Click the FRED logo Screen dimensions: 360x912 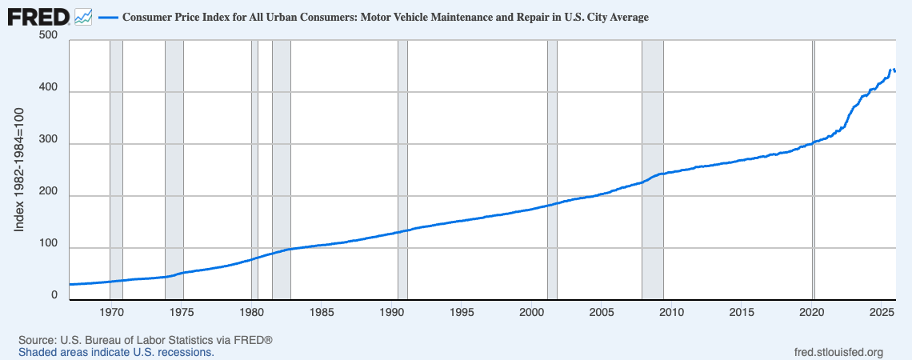coord(38,16)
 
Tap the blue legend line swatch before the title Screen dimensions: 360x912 coord(108,17)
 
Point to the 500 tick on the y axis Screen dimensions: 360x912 coord(48,37)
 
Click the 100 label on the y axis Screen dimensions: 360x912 coord(48,244)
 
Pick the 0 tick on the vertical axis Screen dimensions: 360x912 coord(54,296)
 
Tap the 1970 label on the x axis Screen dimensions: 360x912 coord(112,311)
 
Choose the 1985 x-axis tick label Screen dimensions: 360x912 coord(322,311)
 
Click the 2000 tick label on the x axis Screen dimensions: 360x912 coord(532,311)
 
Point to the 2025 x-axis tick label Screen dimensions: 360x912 coord(882,311)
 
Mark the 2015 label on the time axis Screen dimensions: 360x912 coord(742,311)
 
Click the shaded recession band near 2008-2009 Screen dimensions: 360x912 coord(652,160)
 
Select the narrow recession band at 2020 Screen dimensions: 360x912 coord(813,160)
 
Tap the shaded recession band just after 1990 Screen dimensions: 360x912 coord(402,160)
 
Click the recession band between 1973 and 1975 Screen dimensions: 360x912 coord(174,160)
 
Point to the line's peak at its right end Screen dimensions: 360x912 coord(892,70)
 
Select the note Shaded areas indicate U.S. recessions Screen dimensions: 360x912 coord(116,352)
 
